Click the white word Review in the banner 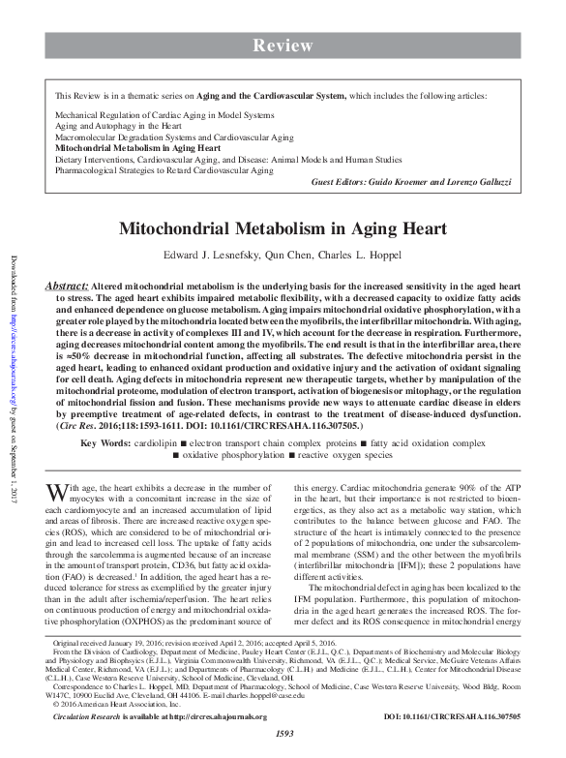283,45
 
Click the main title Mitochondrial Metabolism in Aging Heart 283,229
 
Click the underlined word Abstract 67,288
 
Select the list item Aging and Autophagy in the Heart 116,126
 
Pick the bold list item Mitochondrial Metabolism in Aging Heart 137,149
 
